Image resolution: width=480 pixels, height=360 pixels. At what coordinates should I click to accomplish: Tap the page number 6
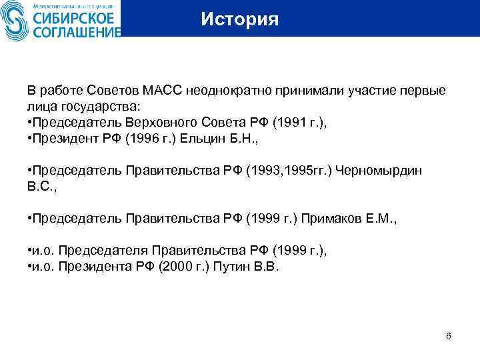point(449,336)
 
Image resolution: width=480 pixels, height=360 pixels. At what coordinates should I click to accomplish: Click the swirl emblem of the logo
point(15,21)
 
